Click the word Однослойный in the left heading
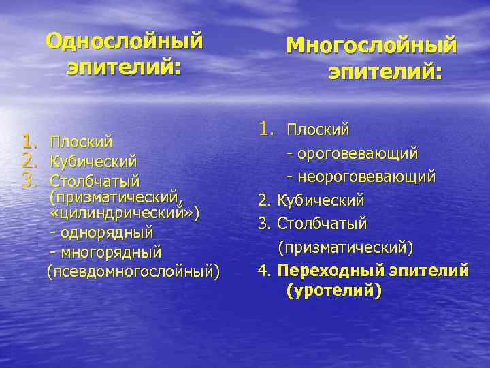pyautogui.click(x=125, y=42)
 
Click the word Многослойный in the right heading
pyautogui.click(x=371, y=46)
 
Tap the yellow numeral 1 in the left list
pyautogui.click(x=28, y=142)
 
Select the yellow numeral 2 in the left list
pyautogui.click(x=28, y=162)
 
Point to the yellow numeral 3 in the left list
pyautogui.click(x=28, y=181)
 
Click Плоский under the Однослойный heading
pyautogui.click(x=81, y=142)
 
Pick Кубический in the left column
pyautogui.click(x=93, y=162)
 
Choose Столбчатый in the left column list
pyautogui.click(x=95, y=181)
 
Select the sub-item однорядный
pyautogui.click(x=106, y=233)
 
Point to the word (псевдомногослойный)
pyautogui.click(x=133, y=272)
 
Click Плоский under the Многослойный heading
pyautogui.click(x=318, y=129)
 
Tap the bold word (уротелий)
pyautogui.click(x=334, y=291)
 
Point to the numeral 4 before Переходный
pyautogui.click(x=263, y=271)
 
